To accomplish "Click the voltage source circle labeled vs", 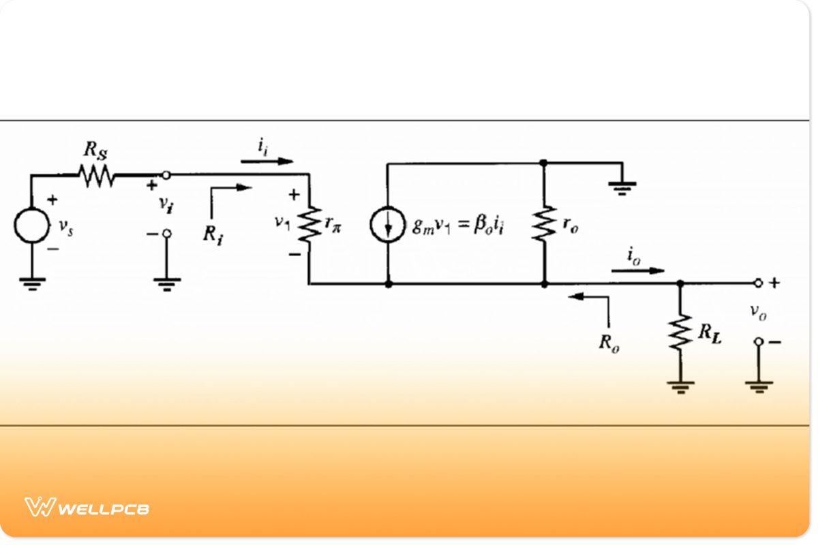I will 31,225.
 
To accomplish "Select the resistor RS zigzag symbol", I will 96,176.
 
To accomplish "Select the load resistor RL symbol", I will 679,332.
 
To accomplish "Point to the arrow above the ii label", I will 267,161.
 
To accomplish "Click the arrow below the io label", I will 637,270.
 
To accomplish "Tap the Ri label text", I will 213,233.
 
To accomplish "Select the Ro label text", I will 609,342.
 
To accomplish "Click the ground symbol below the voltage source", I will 31,283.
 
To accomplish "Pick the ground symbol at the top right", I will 622,187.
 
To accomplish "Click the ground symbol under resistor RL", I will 679,386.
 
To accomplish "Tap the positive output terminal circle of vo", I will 757,283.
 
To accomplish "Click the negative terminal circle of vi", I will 166,234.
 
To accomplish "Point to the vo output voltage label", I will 757,311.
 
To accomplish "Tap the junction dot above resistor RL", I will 679,283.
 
